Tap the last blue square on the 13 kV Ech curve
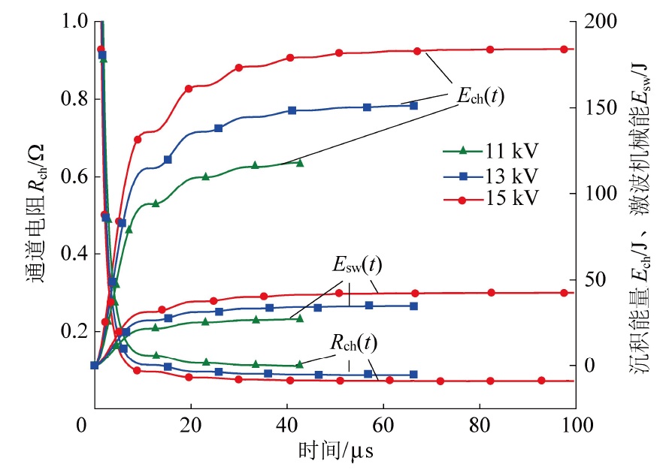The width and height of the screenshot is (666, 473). click(413, 106)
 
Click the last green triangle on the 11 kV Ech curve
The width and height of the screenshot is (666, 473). click(300, 162)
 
